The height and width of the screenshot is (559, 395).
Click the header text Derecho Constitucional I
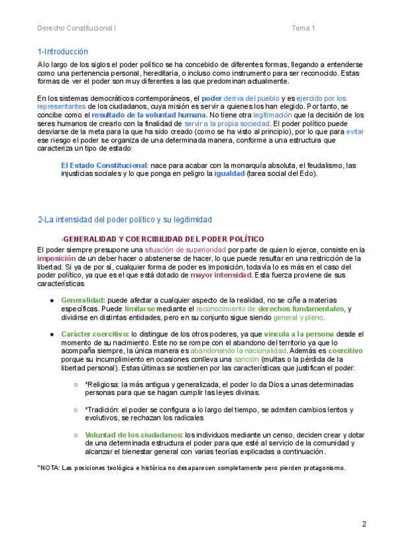pyautogui.click(x=76, y=28)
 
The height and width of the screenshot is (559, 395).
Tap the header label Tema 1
pyautogui.click(x=303, y=28)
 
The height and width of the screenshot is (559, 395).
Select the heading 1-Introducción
pyautogui.click(x=63, y=51)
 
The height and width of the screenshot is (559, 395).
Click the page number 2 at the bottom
pyautogui.click(x=364, y=524)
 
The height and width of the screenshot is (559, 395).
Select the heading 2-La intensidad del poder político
pyautogui.click(x=124, y=219)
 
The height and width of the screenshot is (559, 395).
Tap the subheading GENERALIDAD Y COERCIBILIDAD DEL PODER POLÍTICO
pyautogui.click(x=163, y=239)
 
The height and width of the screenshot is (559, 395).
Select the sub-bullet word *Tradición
pyautogui.click(x=101, y=409)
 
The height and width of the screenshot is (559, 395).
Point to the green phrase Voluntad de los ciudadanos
pyautogui.click(x=134, y=434)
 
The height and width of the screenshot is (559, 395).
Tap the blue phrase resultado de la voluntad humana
pyautogui.click(x=140, y=115)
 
